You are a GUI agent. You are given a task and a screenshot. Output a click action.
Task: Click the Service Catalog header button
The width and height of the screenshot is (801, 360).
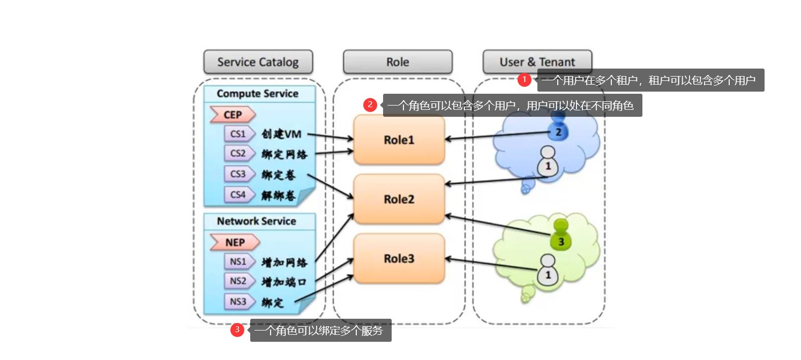[258, 62]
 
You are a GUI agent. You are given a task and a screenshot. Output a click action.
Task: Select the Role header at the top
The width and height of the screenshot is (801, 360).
[398, 62]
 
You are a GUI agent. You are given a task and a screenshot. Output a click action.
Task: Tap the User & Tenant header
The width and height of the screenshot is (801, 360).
[537, 62]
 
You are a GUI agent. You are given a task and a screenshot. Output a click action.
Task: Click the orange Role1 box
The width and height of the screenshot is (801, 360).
[399, 140]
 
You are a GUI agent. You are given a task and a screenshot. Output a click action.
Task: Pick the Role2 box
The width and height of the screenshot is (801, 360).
[399, 199]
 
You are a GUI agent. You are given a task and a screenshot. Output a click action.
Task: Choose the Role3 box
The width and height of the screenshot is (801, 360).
[399, 259]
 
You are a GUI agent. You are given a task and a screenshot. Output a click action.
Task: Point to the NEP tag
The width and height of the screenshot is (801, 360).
[235, 242]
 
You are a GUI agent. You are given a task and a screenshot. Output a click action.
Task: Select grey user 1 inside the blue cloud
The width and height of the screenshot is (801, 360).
[548, 162]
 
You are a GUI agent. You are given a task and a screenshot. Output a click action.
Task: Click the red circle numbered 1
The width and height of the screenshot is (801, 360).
[525, 80]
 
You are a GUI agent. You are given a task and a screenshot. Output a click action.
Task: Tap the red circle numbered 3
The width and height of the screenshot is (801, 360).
[237, 330]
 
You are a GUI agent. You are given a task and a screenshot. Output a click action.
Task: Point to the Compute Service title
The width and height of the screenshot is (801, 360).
[257, 94]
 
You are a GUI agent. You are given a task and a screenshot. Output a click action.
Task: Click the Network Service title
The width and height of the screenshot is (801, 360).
[256, 221]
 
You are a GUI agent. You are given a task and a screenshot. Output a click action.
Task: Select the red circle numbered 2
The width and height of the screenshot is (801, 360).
[370, 105]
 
